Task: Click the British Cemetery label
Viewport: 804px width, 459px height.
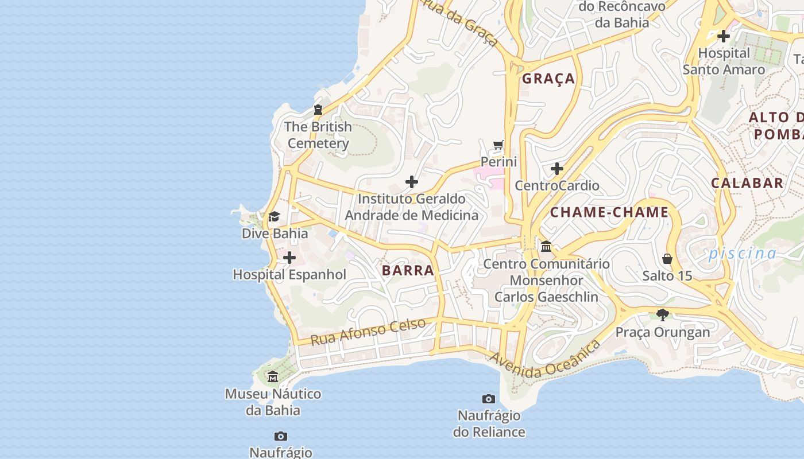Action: click(x=318, y=135)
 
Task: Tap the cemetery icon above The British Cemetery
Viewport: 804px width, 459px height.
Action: click(x=318, y=110)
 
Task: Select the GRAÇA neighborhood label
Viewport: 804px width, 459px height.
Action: click(x=548, y=79)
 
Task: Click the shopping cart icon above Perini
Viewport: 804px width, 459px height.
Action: click(x=498, y=145)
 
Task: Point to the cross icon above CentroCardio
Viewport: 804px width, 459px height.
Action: click(x=556, y=169)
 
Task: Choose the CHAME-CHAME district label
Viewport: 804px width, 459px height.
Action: click(x=609, y=212)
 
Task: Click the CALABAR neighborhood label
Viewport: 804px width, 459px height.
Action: click(x=747, y=183)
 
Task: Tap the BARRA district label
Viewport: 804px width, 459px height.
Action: click(x=408, y=271)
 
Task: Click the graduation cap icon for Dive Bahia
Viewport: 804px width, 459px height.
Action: click(x=275, y=217)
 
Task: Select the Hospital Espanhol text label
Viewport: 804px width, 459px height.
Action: click(x=289, y=275)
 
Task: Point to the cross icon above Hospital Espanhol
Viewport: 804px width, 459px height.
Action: click(x=289, y=258)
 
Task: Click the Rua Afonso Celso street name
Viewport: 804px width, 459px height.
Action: click(x=368, y=332)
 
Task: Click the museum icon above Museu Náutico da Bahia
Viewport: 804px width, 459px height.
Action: click(x=273, y=377)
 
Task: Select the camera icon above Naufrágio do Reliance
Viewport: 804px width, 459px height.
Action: click(x=489, y=399)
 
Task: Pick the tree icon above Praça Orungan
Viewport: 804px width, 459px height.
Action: click(x=663, y=315)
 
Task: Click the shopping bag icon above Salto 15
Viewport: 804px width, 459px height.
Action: click(x=667, y=259)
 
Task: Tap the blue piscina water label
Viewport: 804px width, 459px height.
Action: click(x=742, y=253)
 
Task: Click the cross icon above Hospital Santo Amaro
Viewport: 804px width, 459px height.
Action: click(x=724, y=36)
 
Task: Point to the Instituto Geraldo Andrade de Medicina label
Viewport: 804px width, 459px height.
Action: click(x=411, y=207)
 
